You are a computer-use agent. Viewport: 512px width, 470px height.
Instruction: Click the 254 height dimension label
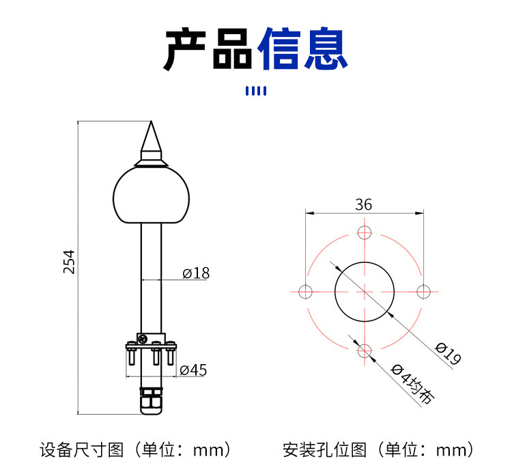click(x=69, y=262)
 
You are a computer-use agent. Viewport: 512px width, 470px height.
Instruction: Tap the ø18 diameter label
click(x=196, y=273)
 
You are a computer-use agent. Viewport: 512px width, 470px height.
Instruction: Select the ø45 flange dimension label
click(x=193, y=370)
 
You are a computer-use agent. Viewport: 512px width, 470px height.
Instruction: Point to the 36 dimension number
click(x=363, y=205)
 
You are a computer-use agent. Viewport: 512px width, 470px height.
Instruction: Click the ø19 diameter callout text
click(x=449, y=353)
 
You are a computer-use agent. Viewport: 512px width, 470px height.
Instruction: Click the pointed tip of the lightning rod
click(x=151, y=122)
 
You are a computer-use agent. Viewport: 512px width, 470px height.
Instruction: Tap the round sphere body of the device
click(x=151, y=195)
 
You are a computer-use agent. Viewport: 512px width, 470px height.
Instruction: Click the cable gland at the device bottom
click(x=151, y=401)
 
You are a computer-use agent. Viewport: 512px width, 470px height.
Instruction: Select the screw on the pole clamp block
click(x=143, y=340)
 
